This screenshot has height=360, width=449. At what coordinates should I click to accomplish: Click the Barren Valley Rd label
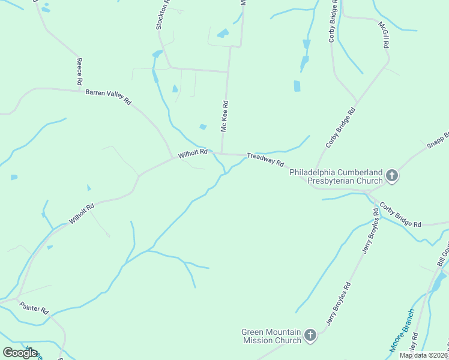108,97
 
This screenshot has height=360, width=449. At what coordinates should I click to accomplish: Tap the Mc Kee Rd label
224,116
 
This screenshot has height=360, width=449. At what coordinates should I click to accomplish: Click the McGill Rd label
384,35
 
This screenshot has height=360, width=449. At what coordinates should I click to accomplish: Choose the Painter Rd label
34,308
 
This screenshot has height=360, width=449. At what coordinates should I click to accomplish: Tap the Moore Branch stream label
402,331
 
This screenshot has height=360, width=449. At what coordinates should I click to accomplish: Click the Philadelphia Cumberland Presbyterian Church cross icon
392,176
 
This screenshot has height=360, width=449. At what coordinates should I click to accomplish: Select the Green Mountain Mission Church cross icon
310,335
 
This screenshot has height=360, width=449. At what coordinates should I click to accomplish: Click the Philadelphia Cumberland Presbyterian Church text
336,176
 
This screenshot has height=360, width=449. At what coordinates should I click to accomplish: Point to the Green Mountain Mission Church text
271,336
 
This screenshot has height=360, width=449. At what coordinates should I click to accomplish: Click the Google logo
20,353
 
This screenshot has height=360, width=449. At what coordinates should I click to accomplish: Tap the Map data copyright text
423,355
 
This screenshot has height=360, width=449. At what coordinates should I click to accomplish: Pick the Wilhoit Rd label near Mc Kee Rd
193,154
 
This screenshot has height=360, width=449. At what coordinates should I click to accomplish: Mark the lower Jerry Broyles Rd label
339,304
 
